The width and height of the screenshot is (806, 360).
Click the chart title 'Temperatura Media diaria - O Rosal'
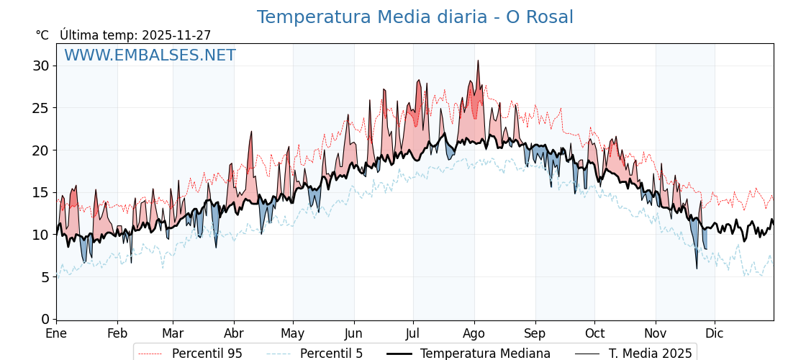[415, 17]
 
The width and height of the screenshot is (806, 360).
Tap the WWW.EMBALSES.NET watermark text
[150, 55]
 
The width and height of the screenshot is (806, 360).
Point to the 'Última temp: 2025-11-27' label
[135, 35]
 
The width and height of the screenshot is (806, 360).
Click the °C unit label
[42, 35]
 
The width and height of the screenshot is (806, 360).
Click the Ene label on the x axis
[56, 334]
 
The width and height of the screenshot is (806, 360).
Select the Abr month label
[234, 334]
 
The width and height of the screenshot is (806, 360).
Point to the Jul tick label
[413, 334]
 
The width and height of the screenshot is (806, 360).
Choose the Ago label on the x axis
[474, 334]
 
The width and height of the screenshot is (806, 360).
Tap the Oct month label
[594, 334]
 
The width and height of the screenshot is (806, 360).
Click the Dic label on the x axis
[715, 334]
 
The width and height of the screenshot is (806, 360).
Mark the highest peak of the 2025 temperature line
[477, 60]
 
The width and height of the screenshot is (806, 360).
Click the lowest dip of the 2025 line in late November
[697, 269]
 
